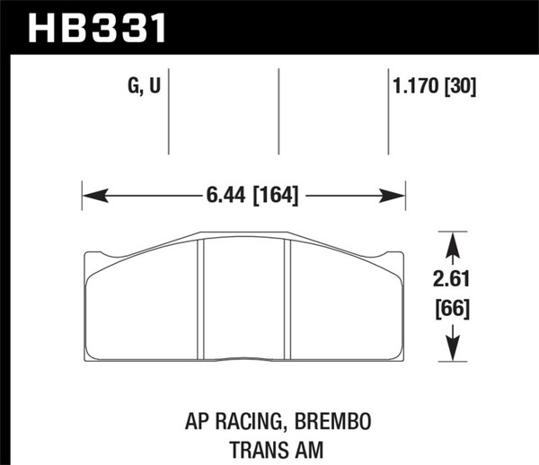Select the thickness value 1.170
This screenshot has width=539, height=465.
pos(411,88)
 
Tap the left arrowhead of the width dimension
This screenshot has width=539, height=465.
pos(91,195)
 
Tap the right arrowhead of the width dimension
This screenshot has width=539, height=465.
pos(398,195)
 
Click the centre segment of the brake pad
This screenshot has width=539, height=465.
pos(243,301)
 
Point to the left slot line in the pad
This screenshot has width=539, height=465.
pos(199,301)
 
